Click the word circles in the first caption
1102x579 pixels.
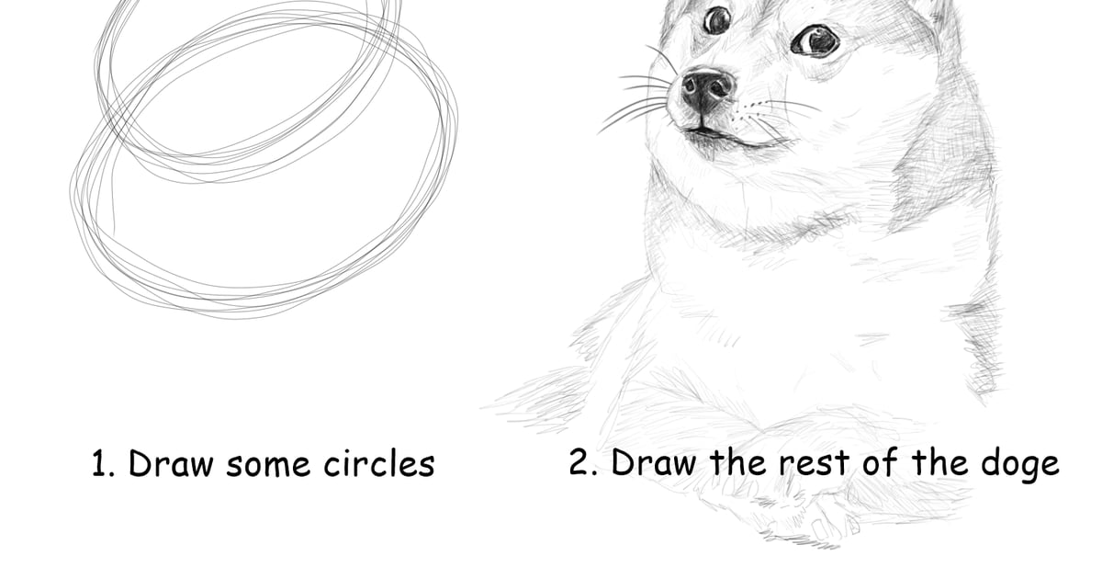click(379, 464)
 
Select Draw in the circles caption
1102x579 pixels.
click(171, 464)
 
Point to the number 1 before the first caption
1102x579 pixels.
click(100, 464)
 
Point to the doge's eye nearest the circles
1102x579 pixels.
click(717, 20)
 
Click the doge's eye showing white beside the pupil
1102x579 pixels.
click(815, 40)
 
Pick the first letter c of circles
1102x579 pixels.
click(332, 467)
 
